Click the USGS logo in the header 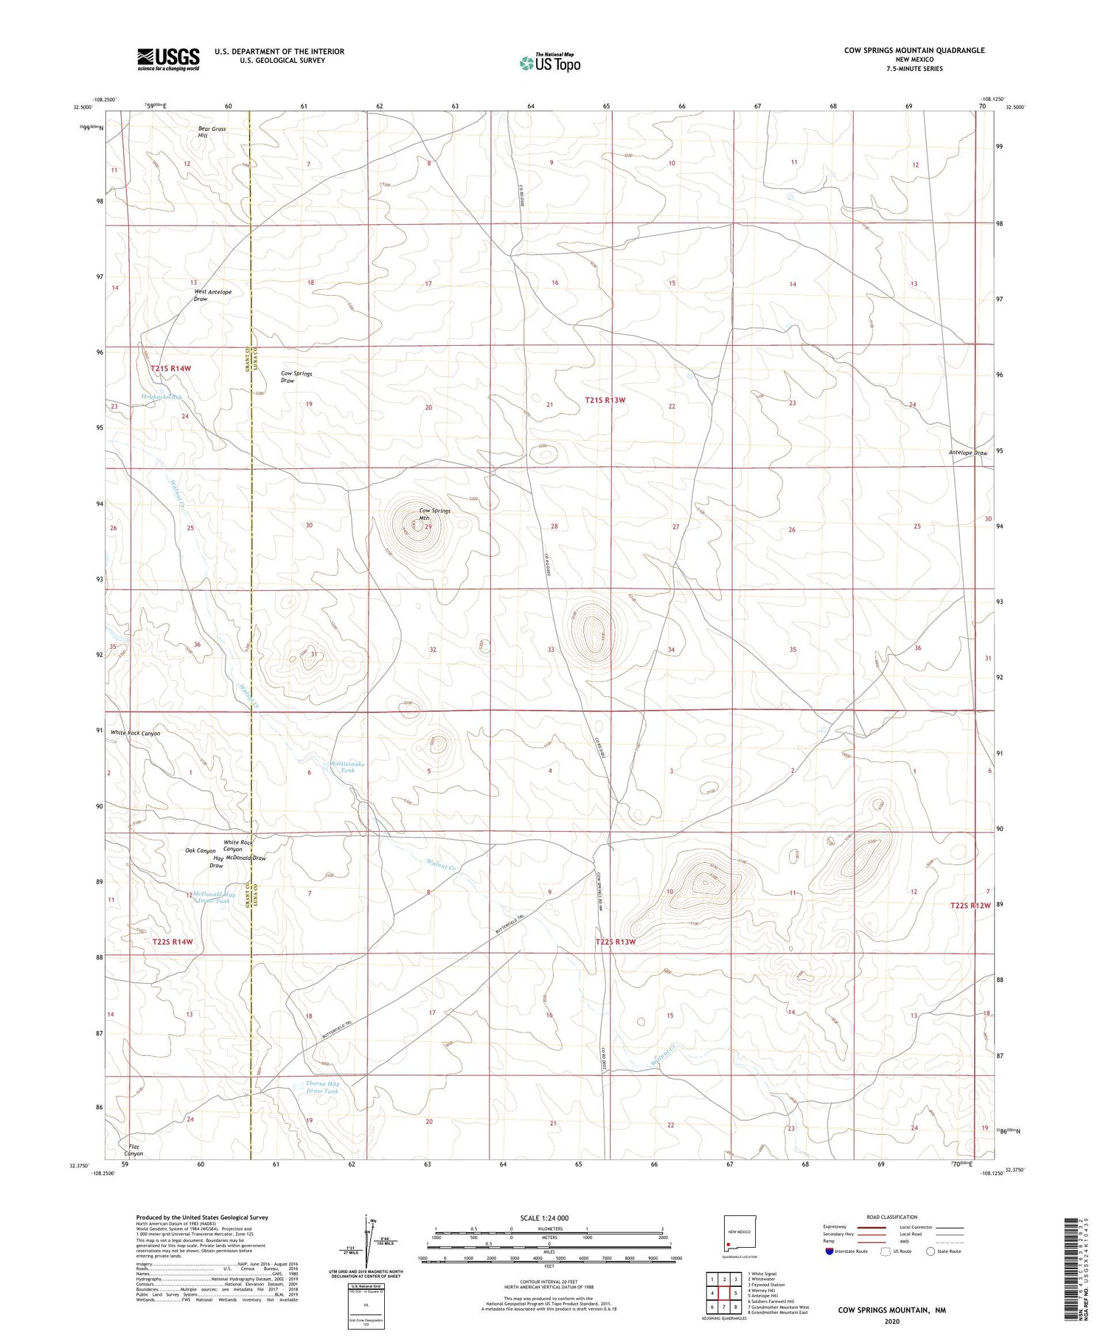pyautogui.click(x=168, y=59)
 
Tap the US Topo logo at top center pyautogui.click(x=550, y=63)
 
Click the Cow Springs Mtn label pyautogui.click(x=434, y=514)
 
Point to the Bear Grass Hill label pyautogui.click(x=212, y=132)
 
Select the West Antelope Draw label pyautogui.click(x=212, y=295)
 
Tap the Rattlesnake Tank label pyautogui.click(x=347, y=766)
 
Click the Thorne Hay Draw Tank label pyautogui.click(x=323, y=1087)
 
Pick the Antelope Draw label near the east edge pyautogui.click(x=967, y=453)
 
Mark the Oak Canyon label pyautogui.click(x=201, y=850)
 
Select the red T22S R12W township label pyautogui.click(x=970, y=905)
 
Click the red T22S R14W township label pyautogui.click(x=173, y=942)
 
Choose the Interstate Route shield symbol pyautogui.click(x=831, y=1251)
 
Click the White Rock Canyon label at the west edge pyautogui.click(x=135, y=733)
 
